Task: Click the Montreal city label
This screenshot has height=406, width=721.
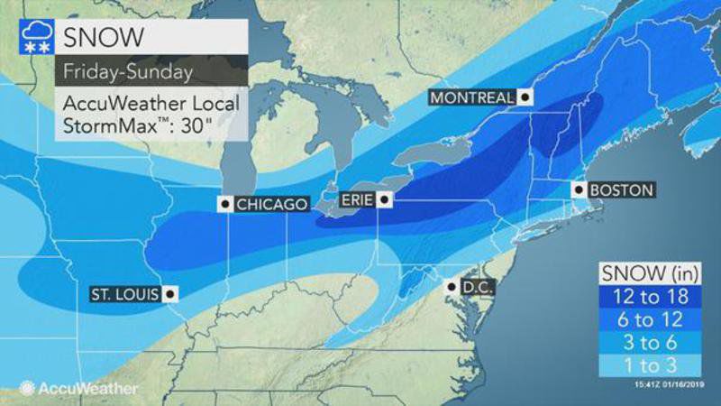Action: point(471,97)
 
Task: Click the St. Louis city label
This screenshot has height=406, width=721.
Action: point(124,293)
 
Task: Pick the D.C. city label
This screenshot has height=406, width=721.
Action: point(477,287)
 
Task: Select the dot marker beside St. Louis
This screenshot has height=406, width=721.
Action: point(169,293)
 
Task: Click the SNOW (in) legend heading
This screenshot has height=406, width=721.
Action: point(652,272)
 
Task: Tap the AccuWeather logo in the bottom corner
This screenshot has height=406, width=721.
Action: point(78,388)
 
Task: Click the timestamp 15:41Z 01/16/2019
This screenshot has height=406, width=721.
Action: point(663,389)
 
